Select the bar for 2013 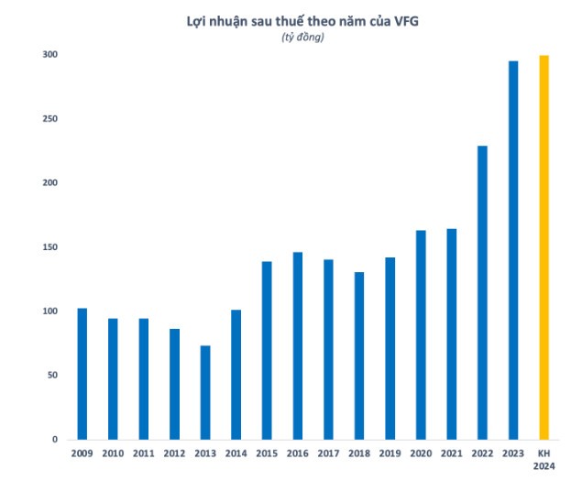205,392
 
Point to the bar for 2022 482,292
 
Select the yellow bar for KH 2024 544,247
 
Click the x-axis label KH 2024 544,461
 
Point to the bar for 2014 236,375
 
